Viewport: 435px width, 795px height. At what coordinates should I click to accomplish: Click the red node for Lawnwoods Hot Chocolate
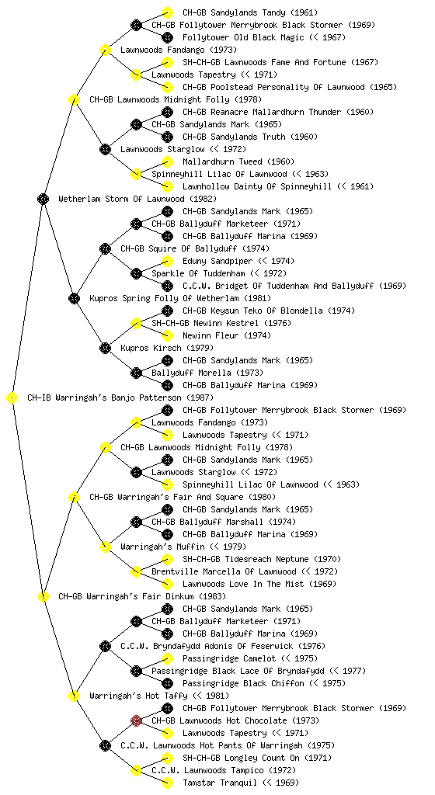point(136,720)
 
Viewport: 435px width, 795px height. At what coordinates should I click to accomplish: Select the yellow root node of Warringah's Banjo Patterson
point(12,398)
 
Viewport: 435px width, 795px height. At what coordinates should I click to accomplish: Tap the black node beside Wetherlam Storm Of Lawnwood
point(43,199)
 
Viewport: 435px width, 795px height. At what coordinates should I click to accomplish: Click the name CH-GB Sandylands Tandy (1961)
point(250,12)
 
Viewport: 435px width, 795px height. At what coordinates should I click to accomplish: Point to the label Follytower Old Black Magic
point(243,37)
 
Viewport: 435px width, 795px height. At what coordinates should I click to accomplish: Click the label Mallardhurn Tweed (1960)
point(238,161)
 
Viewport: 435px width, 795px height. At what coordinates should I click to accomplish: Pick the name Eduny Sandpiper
point(217,261)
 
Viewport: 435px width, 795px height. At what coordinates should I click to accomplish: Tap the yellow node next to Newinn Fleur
point(167,335)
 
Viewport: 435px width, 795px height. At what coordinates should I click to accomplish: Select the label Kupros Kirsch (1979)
point(167,348)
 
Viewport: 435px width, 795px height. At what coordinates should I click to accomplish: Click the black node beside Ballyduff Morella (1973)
point(136,373)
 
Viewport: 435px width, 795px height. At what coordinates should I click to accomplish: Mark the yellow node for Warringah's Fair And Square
point(74,497)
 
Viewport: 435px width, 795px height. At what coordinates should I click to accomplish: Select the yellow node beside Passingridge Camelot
point(167,658)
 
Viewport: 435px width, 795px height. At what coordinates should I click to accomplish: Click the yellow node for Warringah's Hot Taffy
point(74,696)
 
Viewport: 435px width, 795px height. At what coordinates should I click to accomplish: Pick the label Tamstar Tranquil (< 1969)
point(241,783)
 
